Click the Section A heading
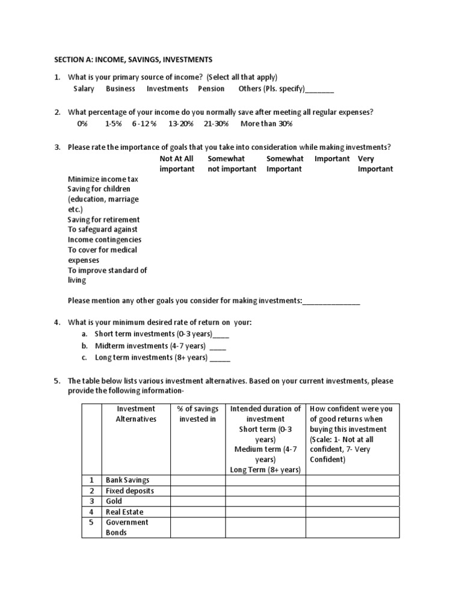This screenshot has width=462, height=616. [x=133, y=60]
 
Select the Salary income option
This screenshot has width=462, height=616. [x=84, y=88]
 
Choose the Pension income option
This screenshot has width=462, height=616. [x=211, y=88]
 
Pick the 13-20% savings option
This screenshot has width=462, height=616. [x=181, y=123]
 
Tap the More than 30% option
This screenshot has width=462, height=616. [x=266, y=123]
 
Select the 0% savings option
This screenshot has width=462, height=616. [x=82, y=123]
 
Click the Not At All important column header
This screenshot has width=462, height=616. [x=177, y=164]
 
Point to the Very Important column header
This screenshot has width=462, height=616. [x=375, y=164]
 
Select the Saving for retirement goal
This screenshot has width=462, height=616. [x=103, y=220]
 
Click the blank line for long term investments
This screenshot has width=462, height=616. [x=220, y=358]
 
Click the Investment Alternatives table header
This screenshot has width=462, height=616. [x=136, y=414]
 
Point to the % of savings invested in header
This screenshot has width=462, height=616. [x=197, y=414]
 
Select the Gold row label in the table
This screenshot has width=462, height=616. [x=114, y=501]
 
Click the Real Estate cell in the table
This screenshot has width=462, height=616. [x=125, y=511]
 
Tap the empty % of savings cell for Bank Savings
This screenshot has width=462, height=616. [x=198, y=480]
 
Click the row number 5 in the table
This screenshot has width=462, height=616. [x=92, y=522]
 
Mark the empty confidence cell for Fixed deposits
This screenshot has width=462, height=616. [x=352, y=491]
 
